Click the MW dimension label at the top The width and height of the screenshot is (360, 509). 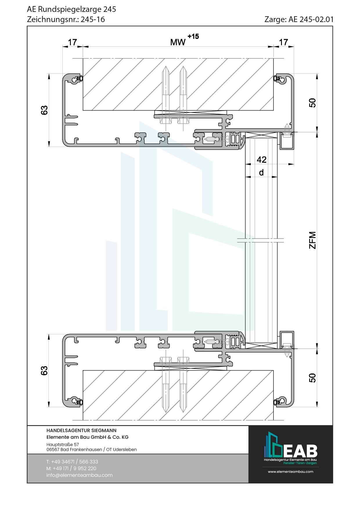pos(178,42)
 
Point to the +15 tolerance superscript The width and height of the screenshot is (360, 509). pos(193,37)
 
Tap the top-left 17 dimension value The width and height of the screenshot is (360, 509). pos(72,42)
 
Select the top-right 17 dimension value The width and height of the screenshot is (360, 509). pos(284,42)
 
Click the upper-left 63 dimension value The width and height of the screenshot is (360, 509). pos(44,110)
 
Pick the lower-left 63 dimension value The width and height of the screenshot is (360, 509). pos(44,371)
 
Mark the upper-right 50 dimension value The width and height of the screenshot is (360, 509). pos(312,103)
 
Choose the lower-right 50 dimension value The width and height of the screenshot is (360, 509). pos(312,378)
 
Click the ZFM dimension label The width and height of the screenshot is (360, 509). pos(312,240)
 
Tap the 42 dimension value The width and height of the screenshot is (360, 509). pos(262,160)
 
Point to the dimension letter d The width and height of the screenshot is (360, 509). pos(261,173)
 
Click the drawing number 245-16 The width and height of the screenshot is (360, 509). pos(93,19)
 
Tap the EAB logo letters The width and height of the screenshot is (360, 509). pos(300,451)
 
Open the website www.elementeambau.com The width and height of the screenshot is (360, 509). pos(290,472)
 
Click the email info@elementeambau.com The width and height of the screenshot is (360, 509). pos(79,475)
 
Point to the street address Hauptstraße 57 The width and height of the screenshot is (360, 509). pos(63,445)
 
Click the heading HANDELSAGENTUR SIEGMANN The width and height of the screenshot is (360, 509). pos(81,431)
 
